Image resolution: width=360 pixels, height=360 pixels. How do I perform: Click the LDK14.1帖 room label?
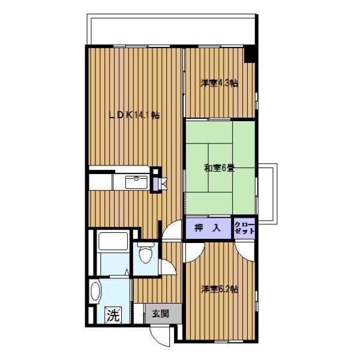point(134,115)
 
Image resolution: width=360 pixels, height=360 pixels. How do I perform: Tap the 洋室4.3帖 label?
point(219,83)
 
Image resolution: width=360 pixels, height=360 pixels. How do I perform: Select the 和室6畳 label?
point(219,169)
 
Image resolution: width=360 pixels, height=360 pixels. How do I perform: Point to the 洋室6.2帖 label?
point(220,289)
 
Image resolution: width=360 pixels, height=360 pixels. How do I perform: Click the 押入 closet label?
point(208,228)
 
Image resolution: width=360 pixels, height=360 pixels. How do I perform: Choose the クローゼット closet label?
point(245,228)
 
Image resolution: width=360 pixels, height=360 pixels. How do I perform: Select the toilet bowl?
point(145,253)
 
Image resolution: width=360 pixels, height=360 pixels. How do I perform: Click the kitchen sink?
point(136,182)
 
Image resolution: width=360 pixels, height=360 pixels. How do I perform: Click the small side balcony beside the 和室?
point(268,194)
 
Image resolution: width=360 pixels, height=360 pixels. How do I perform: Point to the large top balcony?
point(171,29)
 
